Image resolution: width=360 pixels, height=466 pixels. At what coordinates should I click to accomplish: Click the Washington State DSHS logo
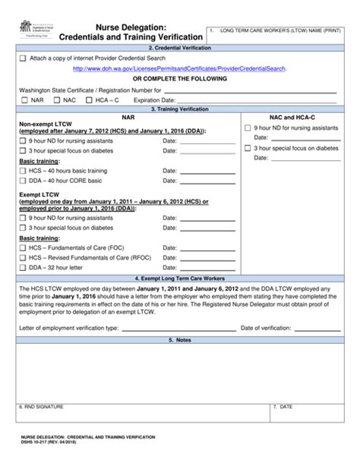(x=36, y=31)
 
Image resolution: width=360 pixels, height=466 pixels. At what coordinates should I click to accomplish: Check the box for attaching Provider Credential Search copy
(x=23, y=58)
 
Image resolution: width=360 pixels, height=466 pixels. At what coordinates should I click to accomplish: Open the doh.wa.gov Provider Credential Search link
(x=179, y=68)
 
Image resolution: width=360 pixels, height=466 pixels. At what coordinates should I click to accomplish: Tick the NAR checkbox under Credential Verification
(x=25, y=100)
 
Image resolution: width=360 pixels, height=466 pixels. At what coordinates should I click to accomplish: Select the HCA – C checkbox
(x=90, y=100)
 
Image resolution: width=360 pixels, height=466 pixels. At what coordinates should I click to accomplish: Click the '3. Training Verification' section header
(x=180, y=109)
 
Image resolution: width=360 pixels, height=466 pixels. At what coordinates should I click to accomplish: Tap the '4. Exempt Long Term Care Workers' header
(x=180, y=278)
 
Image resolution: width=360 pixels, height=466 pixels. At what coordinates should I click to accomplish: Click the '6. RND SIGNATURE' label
(x=42, y=407)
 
